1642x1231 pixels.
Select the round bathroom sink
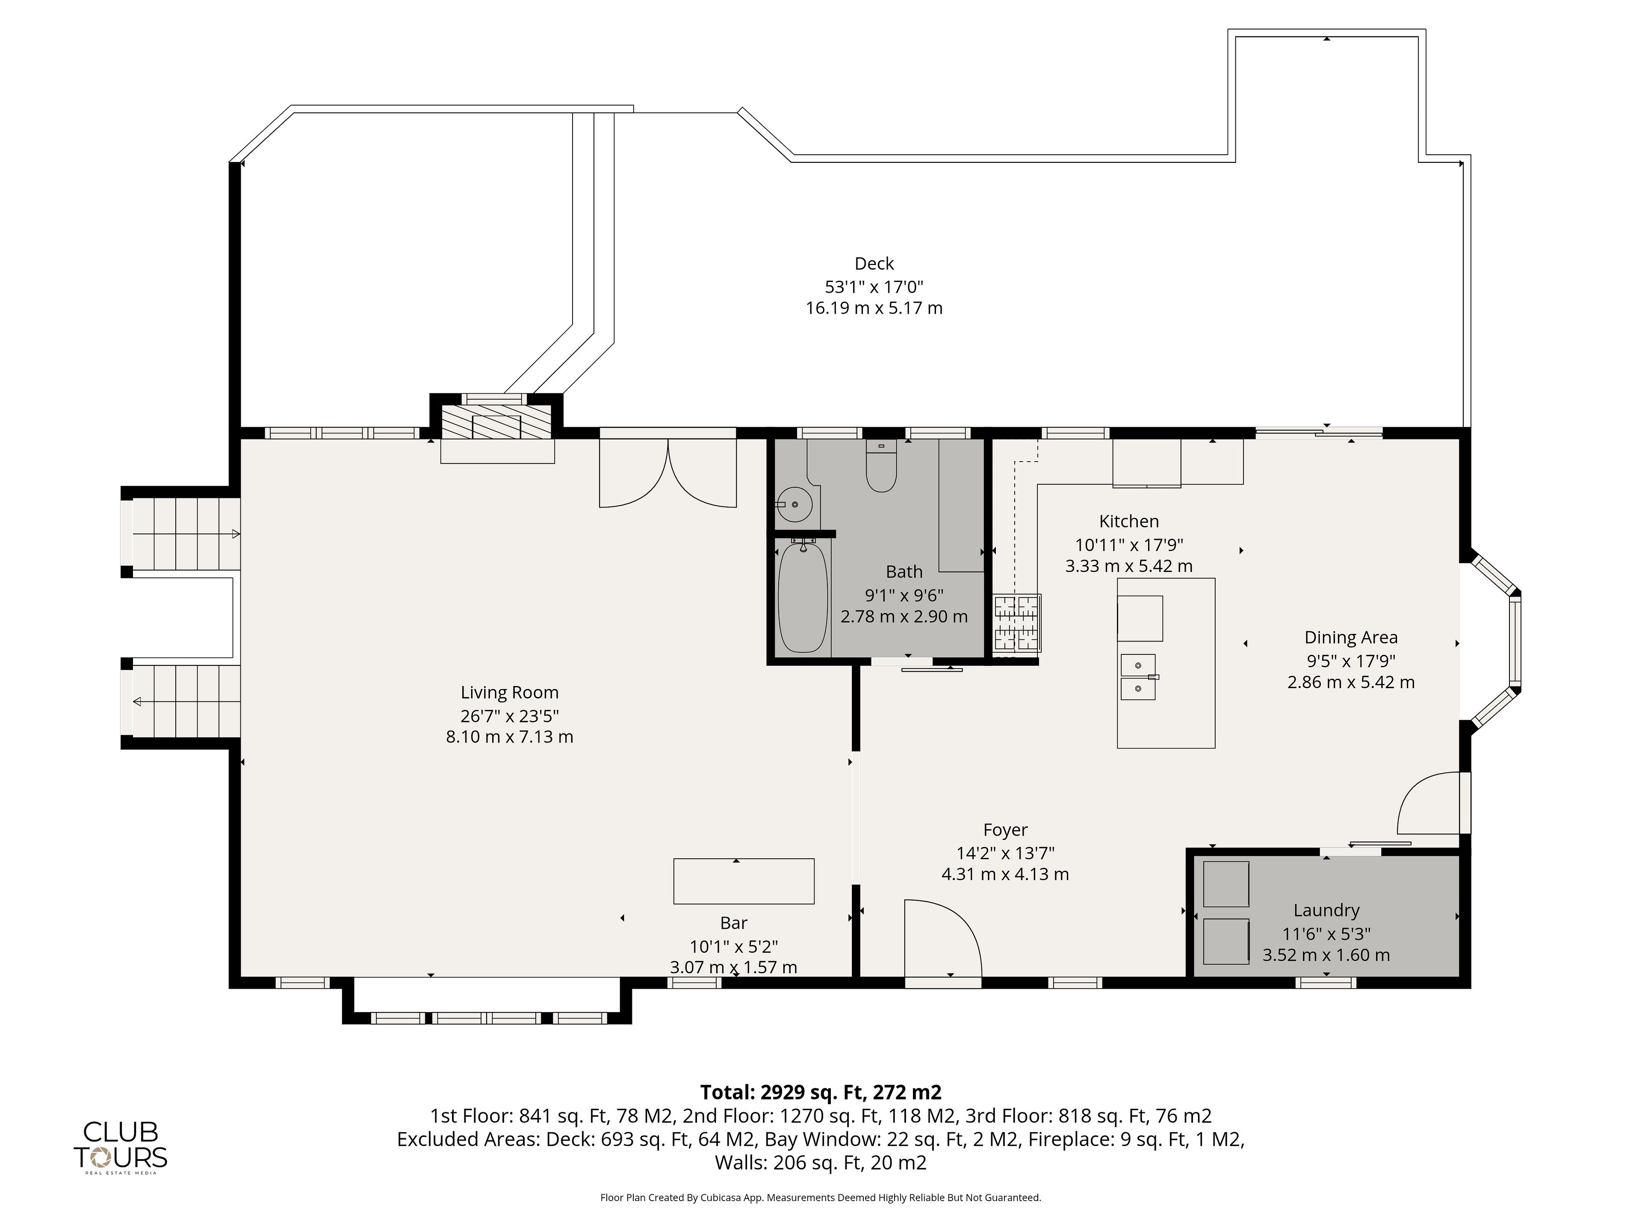[795, 505]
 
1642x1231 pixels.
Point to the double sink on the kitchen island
[1138, 677]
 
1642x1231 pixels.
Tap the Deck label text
[874, 263]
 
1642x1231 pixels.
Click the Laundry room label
[1326, 910]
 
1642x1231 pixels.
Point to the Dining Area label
[1351, 637]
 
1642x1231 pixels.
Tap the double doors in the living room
[668, 473]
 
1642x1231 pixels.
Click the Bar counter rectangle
[744, 881]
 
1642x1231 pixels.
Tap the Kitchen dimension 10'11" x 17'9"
[1129, 545]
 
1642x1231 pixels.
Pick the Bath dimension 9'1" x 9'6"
[904, 595]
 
